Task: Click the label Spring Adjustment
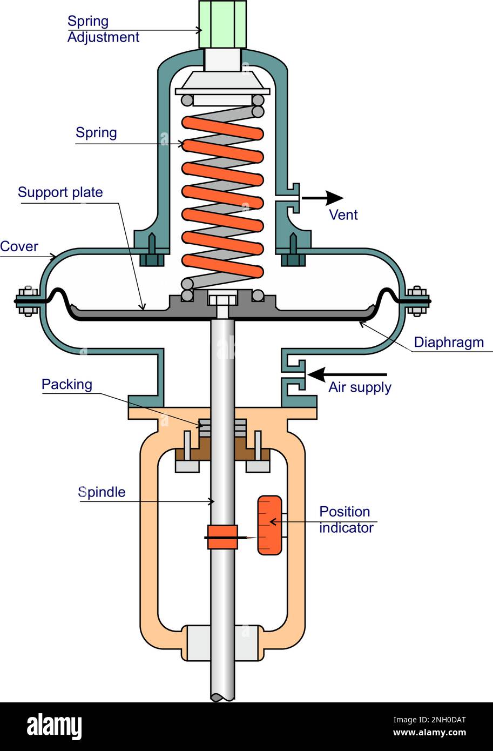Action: pyautogui.click(x=103, y=29)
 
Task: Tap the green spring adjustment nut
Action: pyautogui.click(x=222, y=24)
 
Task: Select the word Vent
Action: pyautogui.click(x=343, y=215)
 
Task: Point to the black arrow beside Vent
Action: pyautogui.click(x=322, y=198)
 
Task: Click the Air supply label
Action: pyautogui.click(x=360, y=387)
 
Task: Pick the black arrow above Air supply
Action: pyautogui.click(x=347, y=374)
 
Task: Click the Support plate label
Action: pyautogui.click(x=60, y=192)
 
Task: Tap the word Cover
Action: pyautogui.click(x=19, y=246)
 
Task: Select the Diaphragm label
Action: pyautogui.click(x=449, y=343)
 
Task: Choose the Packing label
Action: pyautogui.click(x=67, y=384)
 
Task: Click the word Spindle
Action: pyautogui.click(x=102, y=492)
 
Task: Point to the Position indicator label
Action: pyautogui.click(x=346, y=520)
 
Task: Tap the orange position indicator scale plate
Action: pyautogui.click(x=269, y=525)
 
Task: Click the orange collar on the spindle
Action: pyautogui.click(x=222, y=537)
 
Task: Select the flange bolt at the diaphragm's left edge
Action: pyautogui.click(x=27, y=301)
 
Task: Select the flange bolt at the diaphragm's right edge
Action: pyautogui.click(x=417, y=301)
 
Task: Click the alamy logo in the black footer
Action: pyautogui.click(x=55, y=726)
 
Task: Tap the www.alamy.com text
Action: pyautogui.click(x=429, y=732)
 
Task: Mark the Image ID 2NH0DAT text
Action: pyautogui.click(x=429, y=720)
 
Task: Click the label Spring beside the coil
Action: pyautogui.click(x=96, y=133)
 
